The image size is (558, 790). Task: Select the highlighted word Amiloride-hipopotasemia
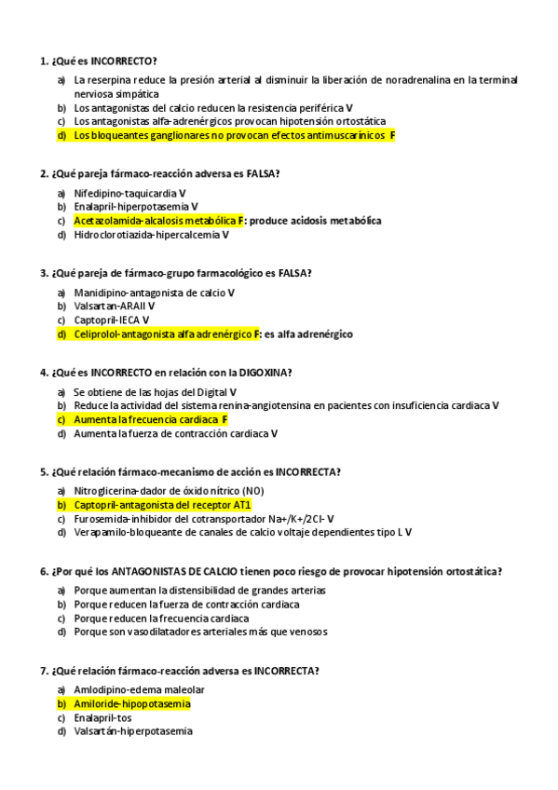pyautogui.click(x=131, y=703)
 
